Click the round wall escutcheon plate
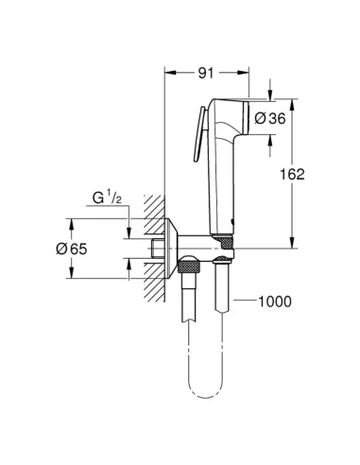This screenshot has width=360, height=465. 171,249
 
